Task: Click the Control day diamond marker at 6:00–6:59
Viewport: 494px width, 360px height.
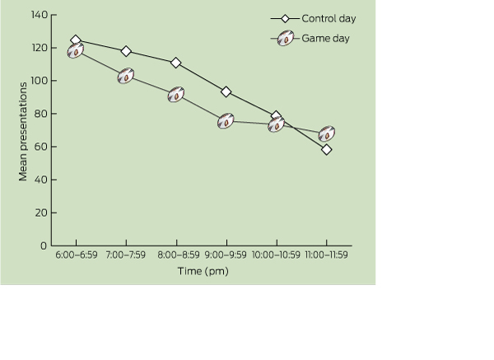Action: (x=76, y=40)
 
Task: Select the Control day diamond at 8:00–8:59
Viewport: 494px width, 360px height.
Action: (x=176, y=63)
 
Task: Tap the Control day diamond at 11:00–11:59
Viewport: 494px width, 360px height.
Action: (x=327, y=149)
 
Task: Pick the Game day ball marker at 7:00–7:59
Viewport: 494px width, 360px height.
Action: (x=126, y=77)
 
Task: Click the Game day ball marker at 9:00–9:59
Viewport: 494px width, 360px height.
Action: (x=226, y=121)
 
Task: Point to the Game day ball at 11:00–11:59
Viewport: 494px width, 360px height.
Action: (x=327, y=133)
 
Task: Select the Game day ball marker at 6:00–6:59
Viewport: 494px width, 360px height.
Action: (x=76, y=51)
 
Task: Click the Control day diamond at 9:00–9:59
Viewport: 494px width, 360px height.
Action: (x=226, y=91)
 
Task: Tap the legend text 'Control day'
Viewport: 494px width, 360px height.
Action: (x=329, y=18)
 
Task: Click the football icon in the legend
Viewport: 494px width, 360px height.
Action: (x=286, y=38)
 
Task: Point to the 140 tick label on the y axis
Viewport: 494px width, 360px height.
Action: (x=39, y=15)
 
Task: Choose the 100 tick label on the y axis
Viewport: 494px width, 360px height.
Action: (x=39, y=81)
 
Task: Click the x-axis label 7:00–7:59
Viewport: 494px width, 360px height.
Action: (x=126, y=255)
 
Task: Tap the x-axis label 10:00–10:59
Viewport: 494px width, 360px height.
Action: (x=277, y=255)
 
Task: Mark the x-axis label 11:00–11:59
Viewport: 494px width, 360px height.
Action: (x=327, y=255)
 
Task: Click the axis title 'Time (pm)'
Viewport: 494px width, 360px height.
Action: (x=202, y=271)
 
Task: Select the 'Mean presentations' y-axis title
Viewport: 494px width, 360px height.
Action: (x=23, y=130)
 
